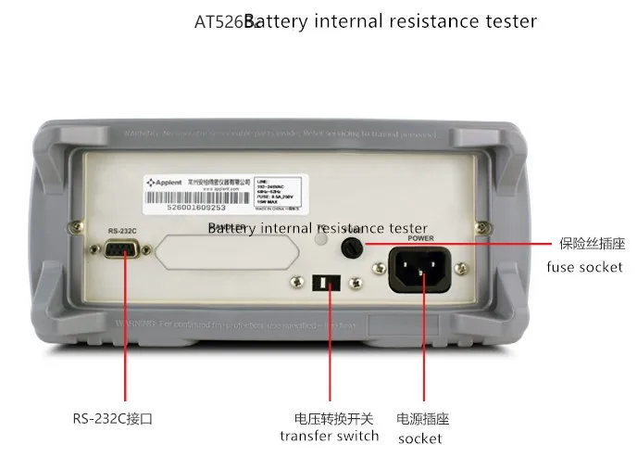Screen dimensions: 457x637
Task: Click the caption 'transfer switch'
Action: pyautogui.click(x=330, y=436)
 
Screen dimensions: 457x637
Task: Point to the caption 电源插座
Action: pyautogui.click(x=422, y=419)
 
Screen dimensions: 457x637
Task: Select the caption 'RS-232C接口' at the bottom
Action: pyautogui.click(x=110, y=418)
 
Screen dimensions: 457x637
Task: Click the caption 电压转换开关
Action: pyautogui.click(x=330, y=418)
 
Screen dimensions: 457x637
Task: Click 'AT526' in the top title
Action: pyautogui.click(x=219, y=20)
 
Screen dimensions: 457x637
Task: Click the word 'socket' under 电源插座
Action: pyautogui.click(x=420, y=438)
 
